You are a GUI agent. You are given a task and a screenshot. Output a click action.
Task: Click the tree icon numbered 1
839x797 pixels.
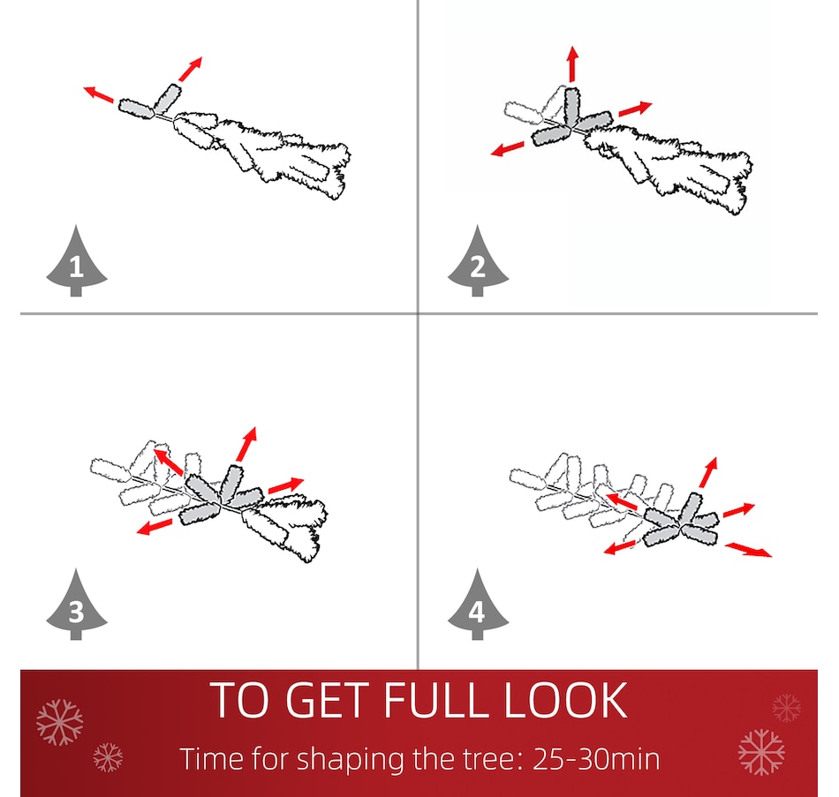pyautogui.click(x=77, y=262)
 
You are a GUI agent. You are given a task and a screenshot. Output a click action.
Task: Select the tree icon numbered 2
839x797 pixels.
pyautogui.click(x=478, y=262)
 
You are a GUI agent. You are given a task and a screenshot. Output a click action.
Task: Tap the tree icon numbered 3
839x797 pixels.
pyautogui.click(x=77, y=606)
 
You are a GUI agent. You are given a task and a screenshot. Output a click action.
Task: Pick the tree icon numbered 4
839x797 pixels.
pyautogui.click(x=478, y=606)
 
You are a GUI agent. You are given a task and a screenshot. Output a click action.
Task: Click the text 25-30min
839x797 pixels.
pyautogui.click(x=596, y=759)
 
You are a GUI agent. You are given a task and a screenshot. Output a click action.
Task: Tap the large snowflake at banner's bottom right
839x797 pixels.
pyautogui.click(x=761, y=751)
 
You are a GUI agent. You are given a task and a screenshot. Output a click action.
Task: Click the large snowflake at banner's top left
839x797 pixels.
pyautogui.click(x=60, y=722)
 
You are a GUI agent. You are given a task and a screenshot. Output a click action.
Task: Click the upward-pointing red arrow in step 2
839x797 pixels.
pyautogui.click(x=573, y=64)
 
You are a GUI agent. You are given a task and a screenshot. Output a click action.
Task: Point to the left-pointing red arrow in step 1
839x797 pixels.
pyautogui.click(x=98, y=94)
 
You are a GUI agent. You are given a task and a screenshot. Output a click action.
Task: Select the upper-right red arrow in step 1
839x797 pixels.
pyautogui.click(x=191, y=69)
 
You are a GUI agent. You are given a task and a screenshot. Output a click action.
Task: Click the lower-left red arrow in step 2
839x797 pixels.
pyautogui.click(x=507, y=148)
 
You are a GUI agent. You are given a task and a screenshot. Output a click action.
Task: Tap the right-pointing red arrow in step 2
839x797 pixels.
pyautogui.click(x=636, y=109)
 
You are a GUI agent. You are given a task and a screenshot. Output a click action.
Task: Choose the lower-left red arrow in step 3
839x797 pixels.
pyautogui.click(x=154, y=526)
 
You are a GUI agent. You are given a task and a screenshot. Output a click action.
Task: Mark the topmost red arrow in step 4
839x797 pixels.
pyautogui.click(x=708, y=472)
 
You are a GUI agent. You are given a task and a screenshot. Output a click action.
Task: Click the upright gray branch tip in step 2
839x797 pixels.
pyautogui.click(x=572, y=106)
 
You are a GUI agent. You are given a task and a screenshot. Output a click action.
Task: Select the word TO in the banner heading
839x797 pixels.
pyautogui.click(x=238, y=700)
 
